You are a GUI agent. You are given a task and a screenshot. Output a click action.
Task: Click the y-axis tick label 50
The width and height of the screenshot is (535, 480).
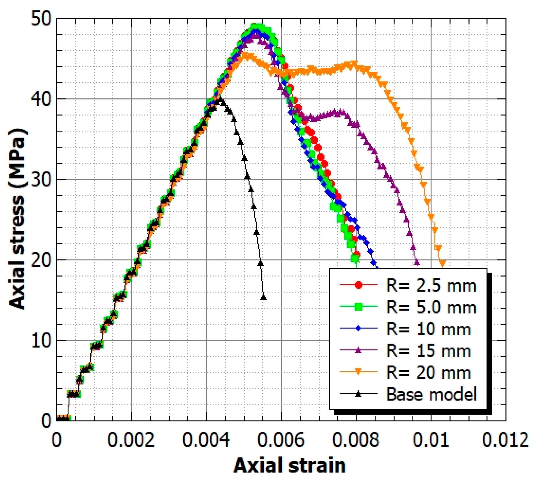(x=41, y=19)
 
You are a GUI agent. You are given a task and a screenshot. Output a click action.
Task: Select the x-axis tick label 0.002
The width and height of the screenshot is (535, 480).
(x=131, y=440)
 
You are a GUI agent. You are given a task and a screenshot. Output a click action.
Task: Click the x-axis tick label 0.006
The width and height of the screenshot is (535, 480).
(x=281, y=440)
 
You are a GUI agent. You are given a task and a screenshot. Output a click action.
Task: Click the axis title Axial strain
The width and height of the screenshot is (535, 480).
(x=290, y=465)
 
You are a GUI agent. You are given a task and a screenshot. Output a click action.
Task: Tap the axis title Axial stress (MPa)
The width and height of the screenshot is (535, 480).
(x=17, y=219)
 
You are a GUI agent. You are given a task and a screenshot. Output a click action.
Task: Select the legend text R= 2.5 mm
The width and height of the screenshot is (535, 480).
(x=431, y=286)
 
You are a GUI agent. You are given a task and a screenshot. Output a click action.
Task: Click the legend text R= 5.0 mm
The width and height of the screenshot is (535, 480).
(x=431, y=307)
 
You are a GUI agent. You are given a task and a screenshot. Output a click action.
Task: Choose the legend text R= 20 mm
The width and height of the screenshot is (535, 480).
(x=428, y=373)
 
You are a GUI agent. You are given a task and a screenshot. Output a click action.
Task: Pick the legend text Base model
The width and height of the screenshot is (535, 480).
(x=431, y=394)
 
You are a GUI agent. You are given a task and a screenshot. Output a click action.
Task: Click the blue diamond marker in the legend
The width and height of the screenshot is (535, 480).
(x=358, y=328)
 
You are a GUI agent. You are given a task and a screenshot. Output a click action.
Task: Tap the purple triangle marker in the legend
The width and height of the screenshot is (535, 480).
(x=358, y=350)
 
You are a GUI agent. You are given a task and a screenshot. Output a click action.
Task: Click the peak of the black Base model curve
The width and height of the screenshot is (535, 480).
(x=221, y=99)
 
